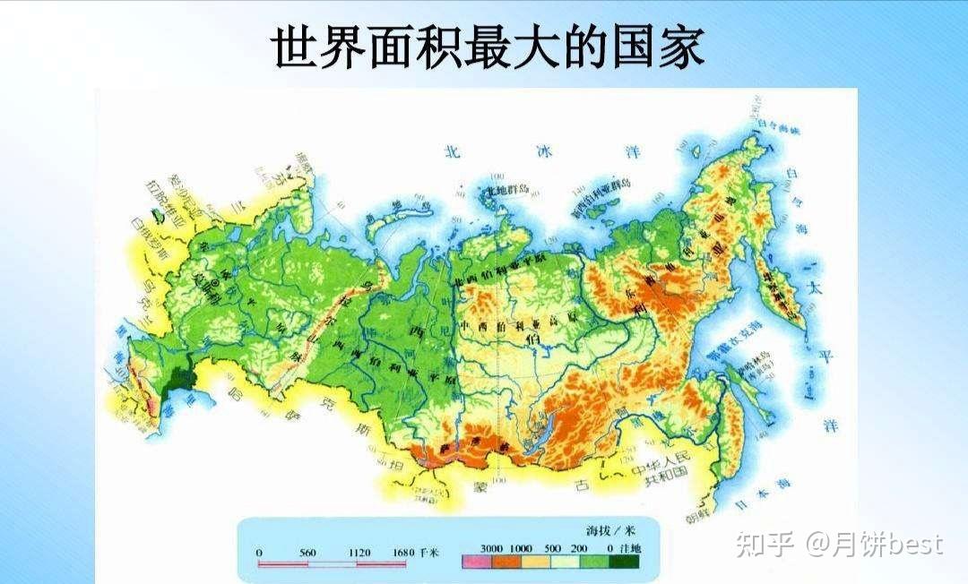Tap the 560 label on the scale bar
click(x=307, y=554)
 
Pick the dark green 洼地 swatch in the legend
click(x=626, y=563)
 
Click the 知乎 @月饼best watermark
click(x=838, y=544)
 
